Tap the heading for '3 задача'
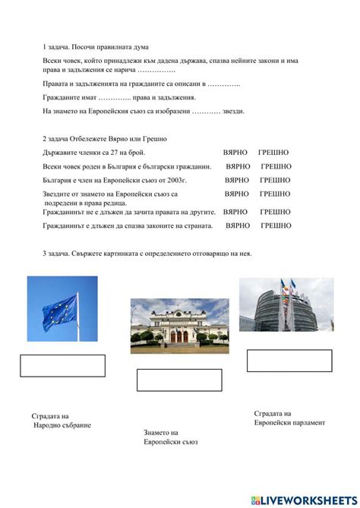pos(147,253)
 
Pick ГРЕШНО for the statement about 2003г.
pos(274,181)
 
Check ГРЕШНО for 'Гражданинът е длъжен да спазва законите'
pos(276,226)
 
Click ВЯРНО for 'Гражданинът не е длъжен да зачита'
pos(235,212)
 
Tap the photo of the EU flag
pos(62,310)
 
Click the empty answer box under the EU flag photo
pos(62,365)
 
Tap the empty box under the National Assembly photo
pos(179,380)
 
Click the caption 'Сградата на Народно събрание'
pos(61,421)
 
